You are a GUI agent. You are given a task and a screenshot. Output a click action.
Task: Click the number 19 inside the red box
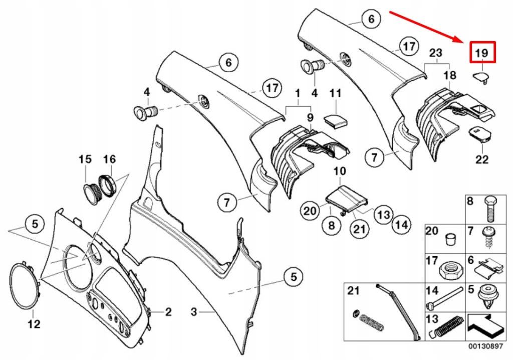coord(481,53)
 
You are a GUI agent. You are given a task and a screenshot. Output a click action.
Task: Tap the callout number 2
coord(168,312)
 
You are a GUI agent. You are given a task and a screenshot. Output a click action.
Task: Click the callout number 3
coord(194,312)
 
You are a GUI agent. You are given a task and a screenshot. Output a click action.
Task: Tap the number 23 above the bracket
coord(436,52)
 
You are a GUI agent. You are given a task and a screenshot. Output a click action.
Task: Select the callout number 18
coord(450,75)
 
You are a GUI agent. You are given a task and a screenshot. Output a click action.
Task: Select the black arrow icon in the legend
coord(485,326)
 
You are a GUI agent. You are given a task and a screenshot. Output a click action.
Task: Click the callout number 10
coord(340,171)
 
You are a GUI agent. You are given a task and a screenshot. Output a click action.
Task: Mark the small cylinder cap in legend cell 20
coord(450,239)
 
